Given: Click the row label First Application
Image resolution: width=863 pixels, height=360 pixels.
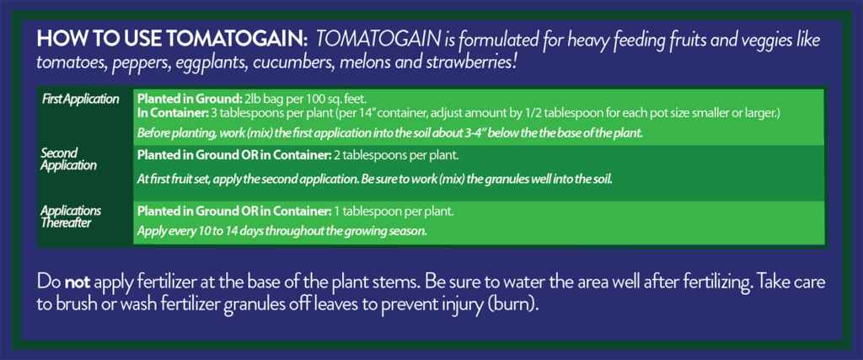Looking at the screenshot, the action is (80, 99).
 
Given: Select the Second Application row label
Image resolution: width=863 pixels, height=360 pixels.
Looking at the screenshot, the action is (61, 159).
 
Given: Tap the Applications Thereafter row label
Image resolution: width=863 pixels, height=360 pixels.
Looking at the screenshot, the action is (71, 217).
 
